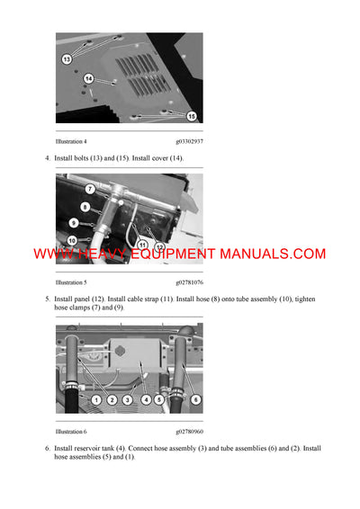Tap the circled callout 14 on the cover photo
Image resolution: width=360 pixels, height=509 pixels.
point(88,79)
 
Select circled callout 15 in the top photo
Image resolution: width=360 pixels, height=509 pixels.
point(191,115)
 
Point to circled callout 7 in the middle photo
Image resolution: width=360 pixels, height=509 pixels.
point(90,189)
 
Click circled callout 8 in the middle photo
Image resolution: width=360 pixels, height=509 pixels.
point(85,207)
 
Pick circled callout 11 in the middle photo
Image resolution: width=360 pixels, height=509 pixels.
point(142,244)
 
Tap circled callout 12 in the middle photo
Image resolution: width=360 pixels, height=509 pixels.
point(159,246)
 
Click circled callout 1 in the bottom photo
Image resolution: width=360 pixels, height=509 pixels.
point(95,398)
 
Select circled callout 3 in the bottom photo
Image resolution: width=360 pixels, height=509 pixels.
point(128,398)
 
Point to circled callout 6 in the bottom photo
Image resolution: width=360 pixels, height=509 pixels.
point(196,398)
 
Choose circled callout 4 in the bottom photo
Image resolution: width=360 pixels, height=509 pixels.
point(144,398)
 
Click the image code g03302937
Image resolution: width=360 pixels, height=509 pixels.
point(189,141)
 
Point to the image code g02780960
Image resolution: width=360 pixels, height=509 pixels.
point(189,432)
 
